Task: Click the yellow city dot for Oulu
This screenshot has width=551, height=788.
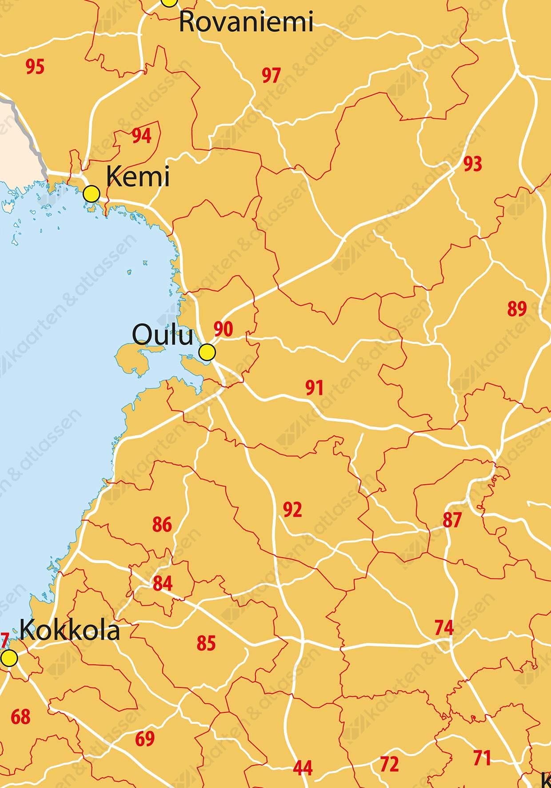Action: pyautogui.click(x=207, y=352)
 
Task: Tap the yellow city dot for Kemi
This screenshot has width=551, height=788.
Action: pyautogui.click(x=92, y=194)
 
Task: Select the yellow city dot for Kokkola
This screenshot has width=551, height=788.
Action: pyautogui.click(x=9, y=657)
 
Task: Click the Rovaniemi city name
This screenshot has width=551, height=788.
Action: pyautogui.click(x=246, y=22)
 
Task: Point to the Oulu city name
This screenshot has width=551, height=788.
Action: pyautogui.click(x=163, y=336)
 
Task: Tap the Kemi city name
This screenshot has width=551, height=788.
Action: pyautogui.click(x=138, y=177)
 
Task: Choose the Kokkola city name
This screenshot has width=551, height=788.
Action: pyautogui.click(x=70, y=631)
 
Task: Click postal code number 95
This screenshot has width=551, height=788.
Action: pyautogui.click(x=35, y=67)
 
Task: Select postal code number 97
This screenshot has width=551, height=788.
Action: pyautogui.click(x=271, y=76)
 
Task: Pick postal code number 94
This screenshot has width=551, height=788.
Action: pyautogui.click(x=141, y=136)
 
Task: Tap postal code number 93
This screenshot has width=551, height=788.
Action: pyautogui.click(x=472, y=164)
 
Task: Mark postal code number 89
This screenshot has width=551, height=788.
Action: pyautogui.click(x=517, y=309)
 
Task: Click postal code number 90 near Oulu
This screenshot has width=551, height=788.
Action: pyautogui.click(x=223, y=329)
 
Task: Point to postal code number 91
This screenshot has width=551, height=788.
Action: pyautogui.click(x=314, y=388)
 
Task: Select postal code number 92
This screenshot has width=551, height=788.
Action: pyautogui.click(x=292, y=510)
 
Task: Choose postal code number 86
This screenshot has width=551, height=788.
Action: pyautogui.click(x=162, y=525)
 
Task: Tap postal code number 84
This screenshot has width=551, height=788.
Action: pyautogui.click(x=162, y=583)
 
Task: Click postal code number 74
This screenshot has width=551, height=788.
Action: pyautogui.click(x=444, y=628)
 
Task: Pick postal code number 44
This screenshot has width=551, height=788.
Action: pyautogui.click(x=303, y=768)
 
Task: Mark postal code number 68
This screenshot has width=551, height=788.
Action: pyautogui.click(x=20, y=717)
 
